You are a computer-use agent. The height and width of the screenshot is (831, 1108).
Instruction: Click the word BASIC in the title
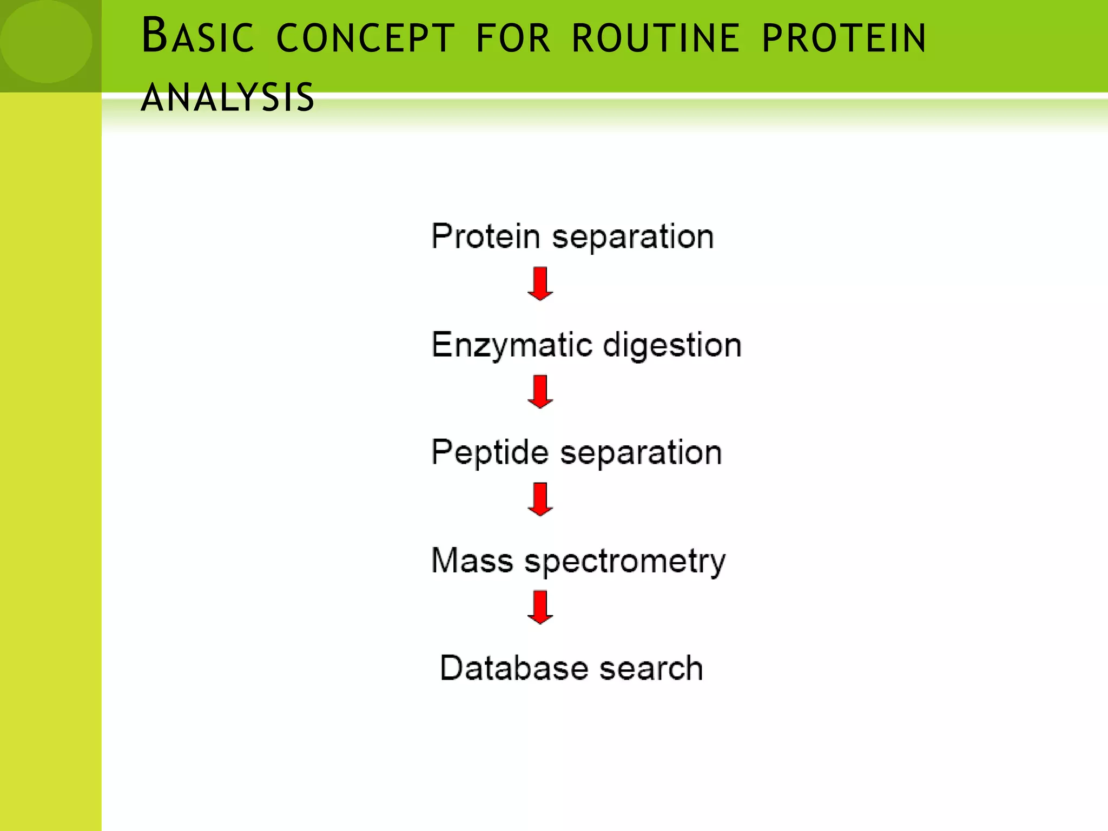tap(197, 37)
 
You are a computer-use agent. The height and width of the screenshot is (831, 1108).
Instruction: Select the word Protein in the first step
tap(485, 236)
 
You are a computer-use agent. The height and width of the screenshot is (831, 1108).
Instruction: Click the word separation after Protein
tap(632, 238)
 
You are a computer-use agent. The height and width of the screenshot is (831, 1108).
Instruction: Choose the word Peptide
tap(490, 452)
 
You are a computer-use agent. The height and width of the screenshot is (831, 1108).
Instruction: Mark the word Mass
tap(472, 560)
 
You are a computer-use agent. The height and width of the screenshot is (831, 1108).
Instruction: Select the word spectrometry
tap(625, 562)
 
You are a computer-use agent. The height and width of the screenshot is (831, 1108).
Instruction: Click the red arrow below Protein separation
tap(540, 283)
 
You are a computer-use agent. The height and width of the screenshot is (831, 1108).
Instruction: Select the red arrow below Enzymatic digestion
tap(540, 391)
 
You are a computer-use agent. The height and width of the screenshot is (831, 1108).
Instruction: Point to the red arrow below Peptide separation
tap(540, 499)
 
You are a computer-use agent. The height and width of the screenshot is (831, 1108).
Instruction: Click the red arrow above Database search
tap(540, 607)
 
